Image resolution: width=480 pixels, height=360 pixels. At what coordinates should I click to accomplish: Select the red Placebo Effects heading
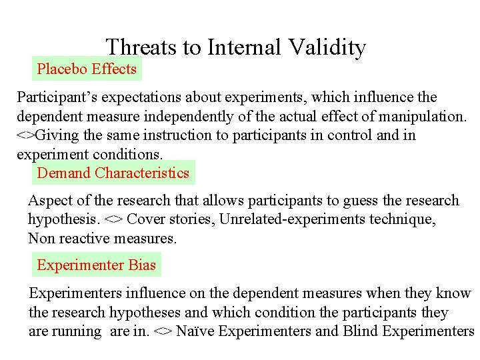pos(87,69)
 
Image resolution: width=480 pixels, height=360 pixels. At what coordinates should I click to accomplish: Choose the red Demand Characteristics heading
pos(113,173)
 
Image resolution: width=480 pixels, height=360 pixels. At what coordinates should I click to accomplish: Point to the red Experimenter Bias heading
pos(96,265)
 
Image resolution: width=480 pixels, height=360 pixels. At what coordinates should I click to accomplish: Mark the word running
pos(77,331)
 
